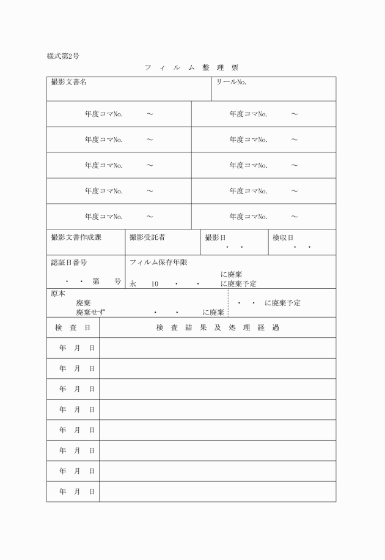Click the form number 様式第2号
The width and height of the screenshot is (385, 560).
[63, 56]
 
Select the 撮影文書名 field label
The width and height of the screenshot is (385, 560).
[68, 82]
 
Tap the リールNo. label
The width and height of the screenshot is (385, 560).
[231, 82]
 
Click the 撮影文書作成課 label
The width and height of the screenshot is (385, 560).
[76, 237]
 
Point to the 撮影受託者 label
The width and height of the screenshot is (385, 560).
[147, 237]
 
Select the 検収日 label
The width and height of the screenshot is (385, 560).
[282, 237]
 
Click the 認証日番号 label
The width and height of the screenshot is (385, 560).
[68, 263]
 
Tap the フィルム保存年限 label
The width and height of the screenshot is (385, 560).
[158, 263]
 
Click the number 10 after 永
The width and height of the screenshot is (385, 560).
[155, 284]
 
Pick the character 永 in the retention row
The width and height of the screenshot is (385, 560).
[133, 284]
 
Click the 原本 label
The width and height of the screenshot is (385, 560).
[57, 293]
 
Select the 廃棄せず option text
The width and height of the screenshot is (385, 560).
[90, 312]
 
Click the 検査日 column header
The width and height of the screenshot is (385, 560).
[73, 327]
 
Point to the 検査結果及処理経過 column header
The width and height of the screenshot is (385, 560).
[217, 327]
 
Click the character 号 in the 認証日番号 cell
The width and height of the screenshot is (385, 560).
[117, 282]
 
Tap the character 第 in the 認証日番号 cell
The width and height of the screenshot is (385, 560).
[97, 282]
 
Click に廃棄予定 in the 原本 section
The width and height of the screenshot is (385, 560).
[282, 303]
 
